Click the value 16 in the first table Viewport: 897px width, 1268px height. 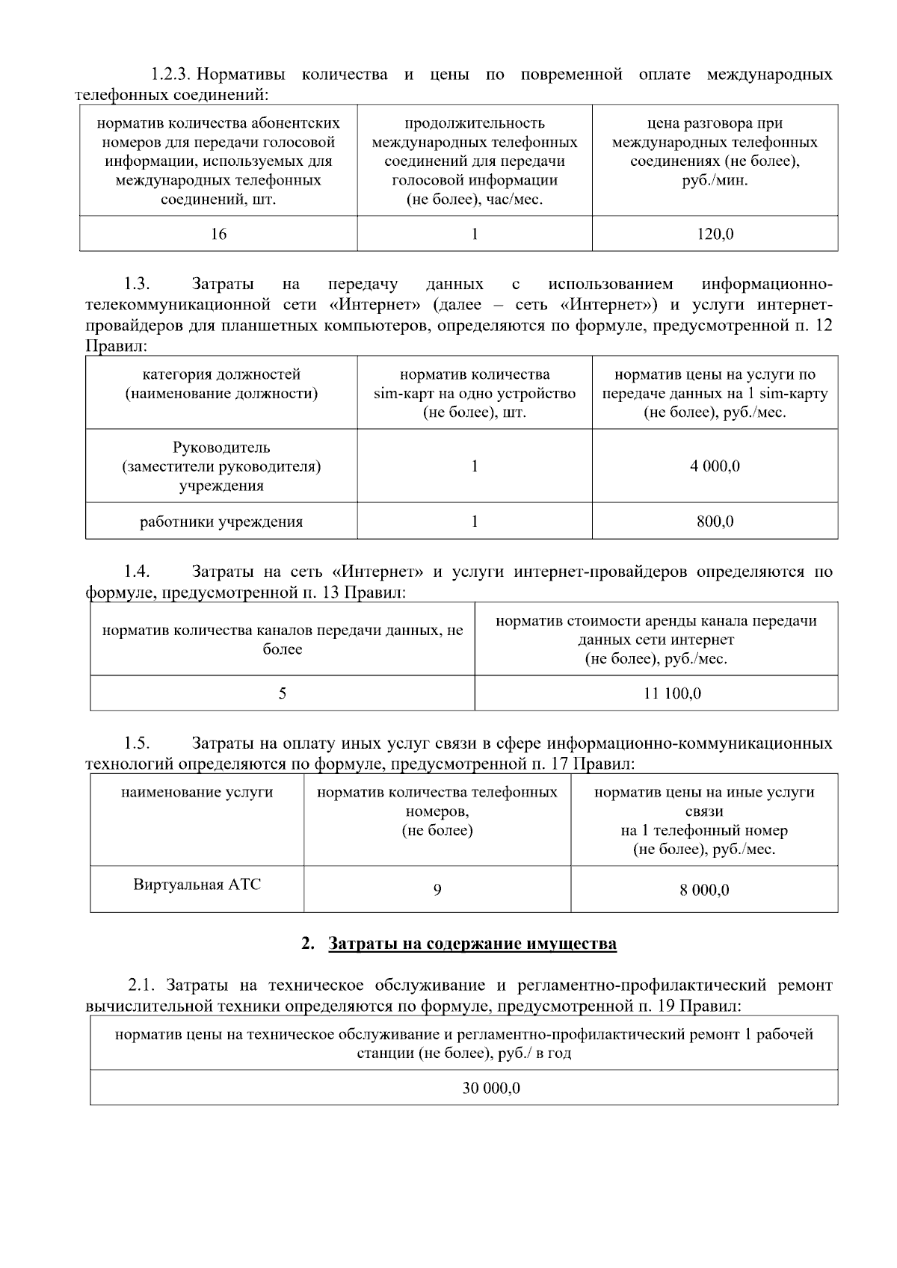218,234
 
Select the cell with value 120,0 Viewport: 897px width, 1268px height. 715,234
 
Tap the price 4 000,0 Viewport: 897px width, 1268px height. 715,466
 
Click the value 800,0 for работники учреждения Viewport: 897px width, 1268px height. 715,522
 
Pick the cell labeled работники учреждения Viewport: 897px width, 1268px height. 221,522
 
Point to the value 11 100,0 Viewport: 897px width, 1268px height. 672,693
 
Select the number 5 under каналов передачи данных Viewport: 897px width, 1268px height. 283,693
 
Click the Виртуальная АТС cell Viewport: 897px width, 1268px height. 197,885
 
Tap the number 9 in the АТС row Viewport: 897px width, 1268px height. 437,889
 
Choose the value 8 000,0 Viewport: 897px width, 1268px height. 704,889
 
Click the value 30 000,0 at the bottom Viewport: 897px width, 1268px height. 491,1088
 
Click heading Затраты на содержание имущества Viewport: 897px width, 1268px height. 472,944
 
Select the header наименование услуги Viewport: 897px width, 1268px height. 197,792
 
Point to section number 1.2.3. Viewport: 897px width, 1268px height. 171,75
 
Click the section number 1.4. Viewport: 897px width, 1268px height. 137,572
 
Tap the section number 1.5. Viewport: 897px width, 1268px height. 137,744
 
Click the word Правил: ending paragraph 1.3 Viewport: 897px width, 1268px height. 117,347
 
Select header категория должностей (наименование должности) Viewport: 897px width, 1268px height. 221,384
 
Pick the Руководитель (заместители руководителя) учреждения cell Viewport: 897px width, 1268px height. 221,466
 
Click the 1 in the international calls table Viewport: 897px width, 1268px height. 475,234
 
